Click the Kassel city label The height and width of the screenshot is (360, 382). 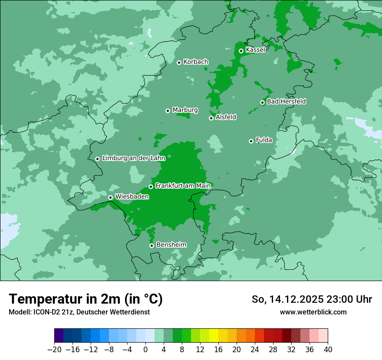tap(255, 50)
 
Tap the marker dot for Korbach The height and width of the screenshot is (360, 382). tap(179, 62)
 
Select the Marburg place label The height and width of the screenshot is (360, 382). tap(185, 110)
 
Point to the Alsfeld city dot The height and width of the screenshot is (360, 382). tap(211, 118)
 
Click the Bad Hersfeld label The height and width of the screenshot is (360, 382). tap(286, 101)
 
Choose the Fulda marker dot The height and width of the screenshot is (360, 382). tap(251, 141)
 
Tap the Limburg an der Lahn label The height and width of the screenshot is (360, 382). tap(133, 158)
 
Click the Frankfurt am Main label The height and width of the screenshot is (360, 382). tap(183, 186)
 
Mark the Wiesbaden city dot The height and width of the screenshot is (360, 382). tap(111, 197)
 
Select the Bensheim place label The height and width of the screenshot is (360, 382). tap(171, 245)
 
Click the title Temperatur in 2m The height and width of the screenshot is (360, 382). tap(86, 299)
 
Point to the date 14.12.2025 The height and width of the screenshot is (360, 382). tap(295, 299)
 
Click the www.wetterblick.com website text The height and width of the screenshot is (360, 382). tap(313, 312)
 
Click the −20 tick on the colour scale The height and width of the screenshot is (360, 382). tap(55, 350)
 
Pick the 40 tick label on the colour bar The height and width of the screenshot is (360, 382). tap(328, 350)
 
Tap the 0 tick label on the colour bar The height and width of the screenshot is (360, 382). tap(145, 350)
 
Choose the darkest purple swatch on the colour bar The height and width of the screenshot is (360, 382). tap(59, 336)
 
